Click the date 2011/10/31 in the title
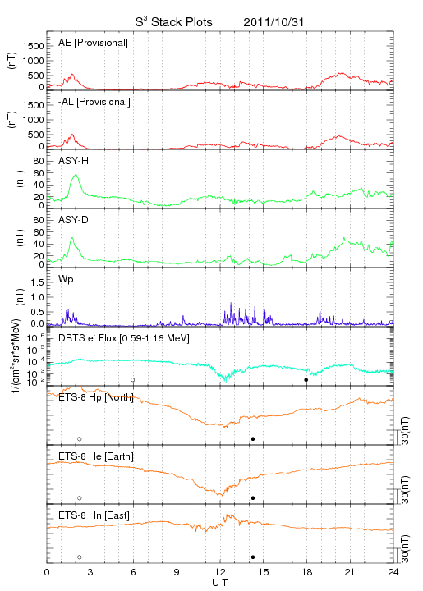(x=274, y=22)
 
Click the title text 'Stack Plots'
(x=182, y=22)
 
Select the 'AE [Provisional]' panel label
(x=93, y=43)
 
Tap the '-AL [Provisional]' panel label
(x=94, y=102)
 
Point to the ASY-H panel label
(x=74, y=161)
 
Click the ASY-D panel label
(x=74, y=220)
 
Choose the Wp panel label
(x=66, y=280)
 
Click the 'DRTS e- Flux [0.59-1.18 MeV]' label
(x=124, y=338)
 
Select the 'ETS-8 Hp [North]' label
(x=96, y=397)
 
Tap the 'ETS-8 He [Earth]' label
(x=96, y=456)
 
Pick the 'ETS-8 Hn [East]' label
(x=94, y=515)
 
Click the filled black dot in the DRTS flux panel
(x=306, y=380)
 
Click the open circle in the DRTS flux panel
(x=133, y=380)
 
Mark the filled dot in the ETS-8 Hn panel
(x=253, y=557)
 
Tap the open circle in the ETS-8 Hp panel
(x=80, y=438)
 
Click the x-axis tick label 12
(x=220, y=573)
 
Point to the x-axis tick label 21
(x=350, y=573)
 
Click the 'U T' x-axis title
(x=220, y=583)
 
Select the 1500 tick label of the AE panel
(x=33, y=46)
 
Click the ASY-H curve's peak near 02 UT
(x=76, y=175)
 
